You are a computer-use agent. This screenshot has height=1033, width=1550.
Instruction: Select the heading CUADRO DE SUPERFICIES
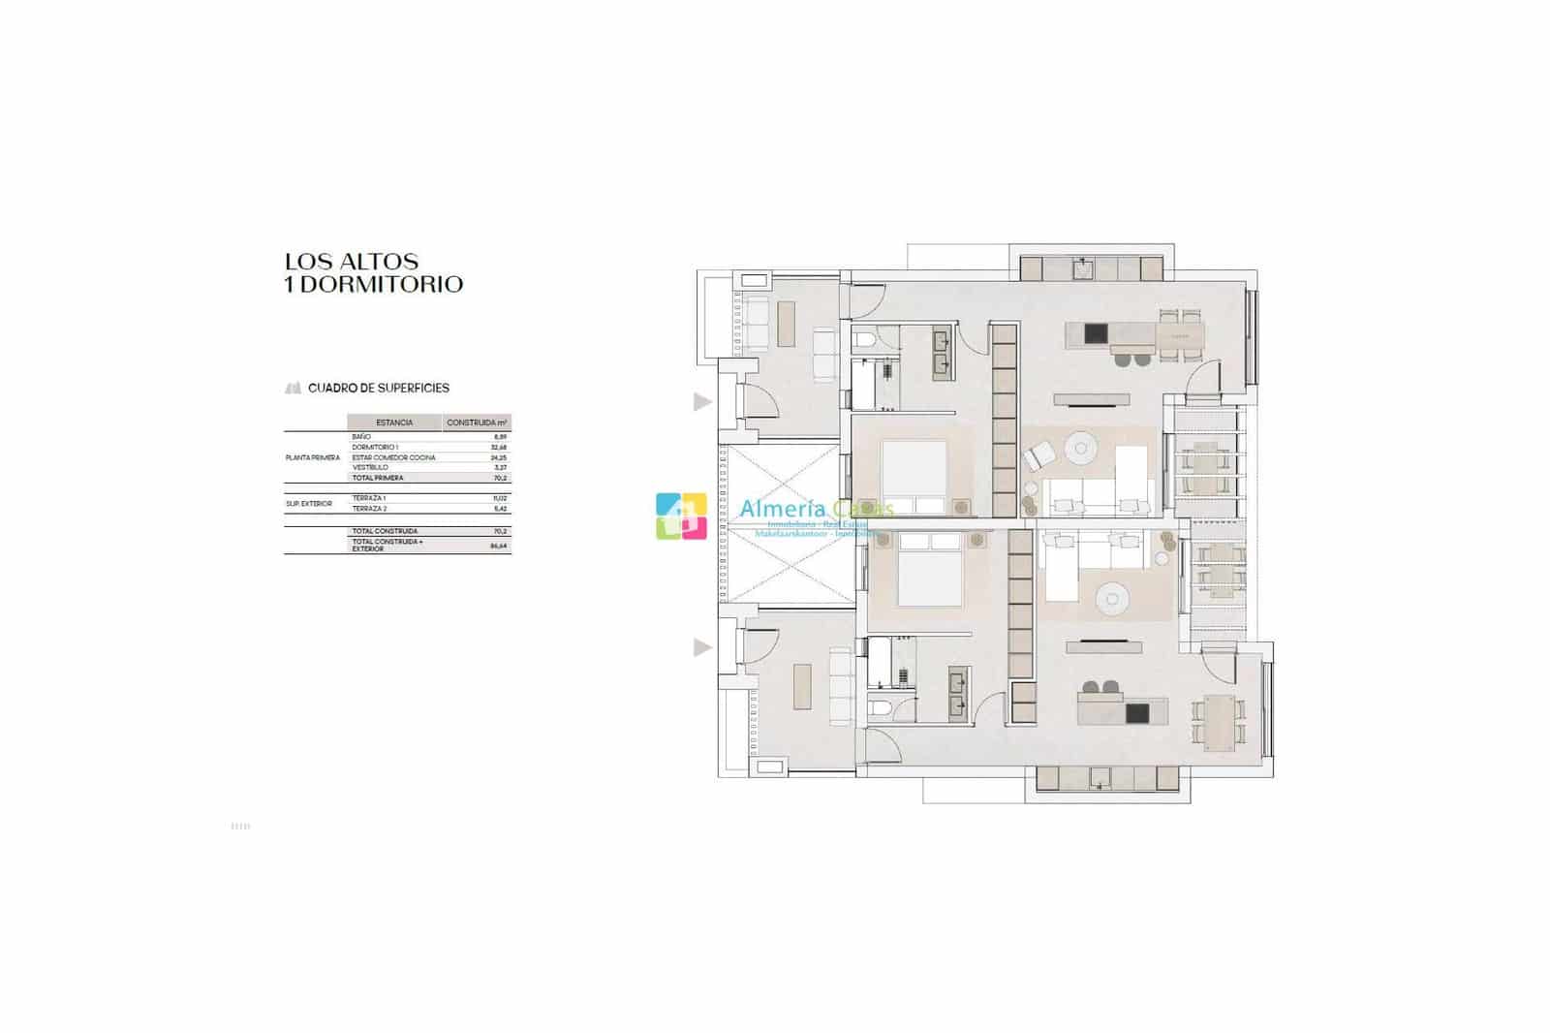(x=378, y=388)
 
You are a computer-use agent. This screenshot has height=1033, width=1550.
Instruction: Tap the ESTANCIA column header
(x=394, y=423)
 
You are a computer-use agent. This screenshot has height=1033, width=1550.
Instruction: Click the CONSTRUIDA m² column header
(x=477, y=423)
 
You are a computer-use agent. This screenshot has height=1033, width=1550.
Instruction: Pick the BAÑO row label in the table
(x=361, y=437)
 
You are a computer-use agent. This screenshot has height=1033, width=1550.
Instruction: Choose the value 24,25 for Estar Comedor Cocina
(x=499, y=457)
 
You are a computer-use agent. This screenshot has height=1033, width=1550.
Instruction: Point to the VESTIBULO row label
(x=370, y=467)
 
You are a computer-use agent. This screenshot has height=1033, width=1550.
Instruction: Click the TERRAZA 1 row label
(x=369, y=498)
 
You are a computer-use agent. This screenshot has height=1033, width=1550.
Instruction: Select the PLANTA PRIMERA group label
(x=313, y=457)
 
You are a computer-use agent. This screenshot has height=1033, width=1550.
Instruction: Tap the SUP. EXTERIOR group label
(x=309, y=504)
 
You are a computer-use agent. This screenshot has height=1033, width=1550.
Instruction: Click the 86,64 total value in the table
(x=499, y=546)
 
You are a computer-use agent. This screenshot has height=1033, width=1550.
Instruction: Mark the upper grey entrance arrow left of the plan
(x=702, y=401)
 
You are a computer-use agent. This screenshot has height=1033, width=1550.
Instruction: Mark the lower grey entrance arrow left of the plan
(x=702, y=647)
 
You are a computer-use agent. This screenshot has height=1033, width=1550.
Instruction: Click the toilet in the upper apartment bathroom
(x=866, y=340)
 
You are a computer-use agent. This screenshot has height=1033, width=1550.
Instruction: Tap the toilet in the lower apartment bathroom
(x=882, y=709)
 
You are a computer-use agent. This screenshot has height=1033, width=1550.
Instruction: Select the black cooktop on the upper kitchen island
(x=1095, y=334)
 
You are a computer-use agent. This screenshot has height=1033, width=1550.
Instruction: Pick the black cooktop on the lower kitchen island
(x=1137, y=713)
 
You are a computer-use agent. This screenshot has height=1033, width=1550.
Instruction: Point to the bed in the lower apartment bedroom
(x=931, y=579)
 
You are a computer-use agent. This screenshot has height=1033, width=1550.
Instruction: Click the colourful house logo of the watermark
(x=680, y=516)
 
